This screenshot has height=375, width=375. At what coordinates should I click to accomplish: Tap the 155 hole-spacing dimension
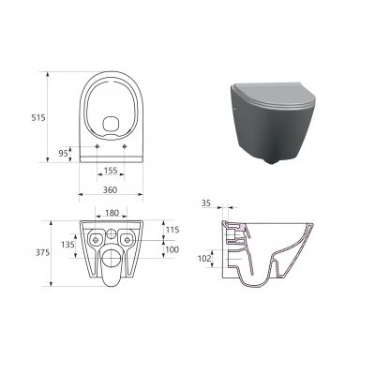pyautogui.click(x=110, y=172)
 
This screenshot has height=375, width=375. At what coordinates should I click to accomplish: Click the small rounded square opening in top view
pyautogui.click(x=111, y=123)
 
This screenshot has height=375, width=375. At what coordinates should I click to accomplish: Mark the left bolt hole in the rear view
pyautogui.click(x=94, y=242)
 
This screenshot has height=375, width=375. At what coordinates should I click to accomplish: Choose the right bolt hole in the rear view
pyautogui.click(x=127, y=242)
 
